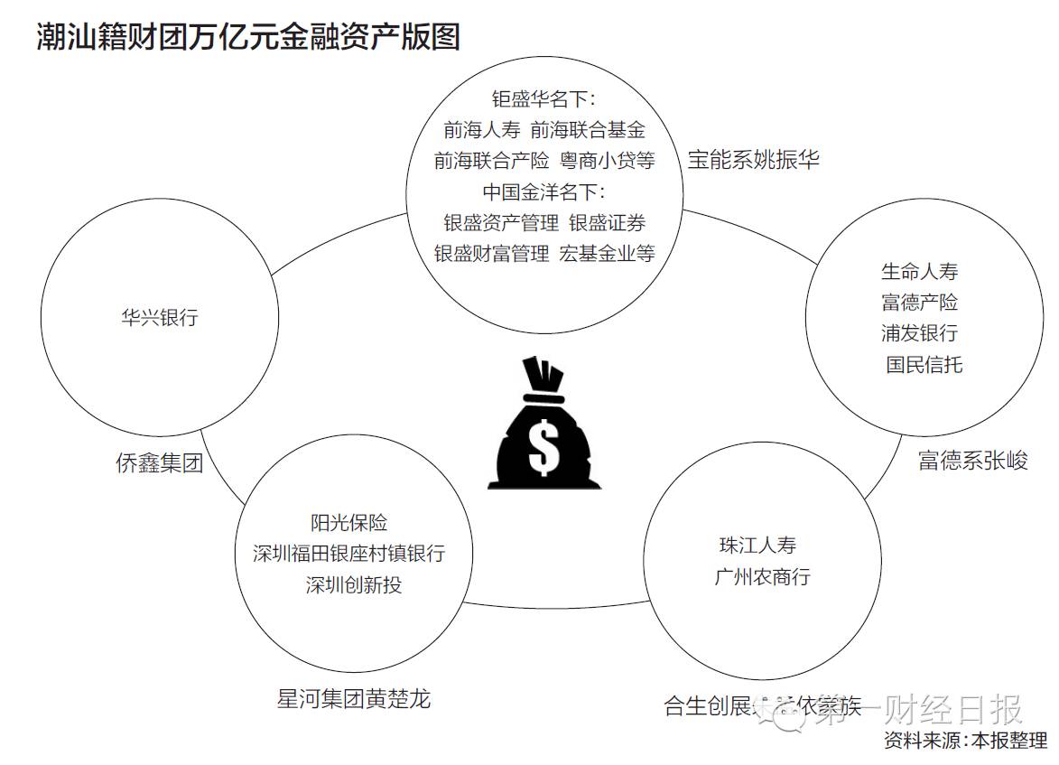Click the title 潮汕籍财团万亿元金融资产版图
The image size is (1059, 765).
249,36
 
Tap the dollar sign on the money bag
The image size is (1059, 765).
543,447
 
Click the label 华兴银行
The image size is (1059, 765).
159,317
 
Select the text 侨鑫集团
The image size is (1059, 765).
159,463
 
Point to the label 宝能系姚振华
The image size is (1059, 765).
754,160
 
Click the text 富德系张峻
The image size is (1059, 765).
972,461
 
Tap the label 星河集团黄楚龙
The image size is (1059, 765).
354,698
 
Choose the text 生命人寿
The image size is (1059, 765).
919,271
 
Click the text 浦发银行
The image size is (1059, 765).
919,332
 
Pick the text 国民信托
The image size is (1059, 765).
924,364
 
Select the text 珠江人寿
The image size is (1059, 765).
757,546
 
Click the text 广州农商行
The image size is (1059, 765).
762,576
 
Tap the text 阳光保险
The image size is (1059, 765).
348,522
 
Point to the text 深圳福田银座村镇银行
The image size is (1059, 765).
348,553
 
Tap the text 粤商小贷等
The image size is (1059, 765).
607,161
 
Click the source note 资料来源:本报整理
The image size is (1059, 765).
966,742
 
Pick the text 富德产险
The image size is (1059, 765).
919,302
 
